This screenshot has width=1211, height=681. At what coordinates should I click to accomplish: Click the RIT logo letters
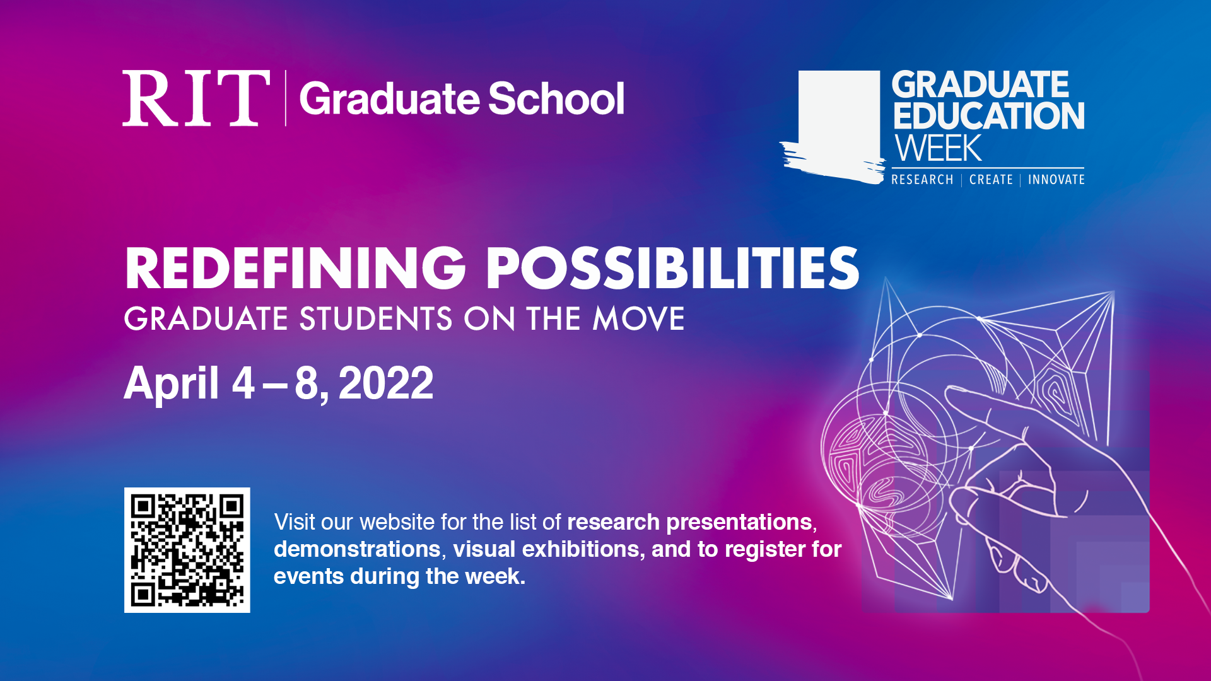(196, 98)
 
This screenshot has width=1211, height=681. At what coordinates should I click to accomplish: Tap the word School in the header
(556, 99)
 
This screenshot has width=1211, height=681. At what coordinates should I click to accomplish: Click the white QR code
(187, 550)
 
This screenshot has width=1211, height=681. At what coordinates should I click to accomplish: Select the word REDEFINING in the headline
(295, 269)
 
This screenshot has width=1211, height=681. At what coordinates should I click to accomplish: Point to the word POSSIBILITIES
(672, 269)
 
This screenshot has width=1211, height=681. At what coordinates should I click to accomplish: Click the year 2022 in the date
(386, 383)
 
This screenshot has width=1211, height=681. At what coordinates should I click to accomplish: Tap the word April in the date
(172, 383)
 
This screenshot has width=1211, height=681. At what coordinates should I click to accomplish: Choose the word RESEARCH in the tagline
(922, 180)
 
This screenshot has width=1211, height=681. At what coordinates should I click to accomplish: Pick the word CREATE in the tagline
(991, 180)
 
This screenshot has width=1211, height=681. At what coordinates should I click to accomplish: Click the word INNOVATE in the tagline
(1056, 180)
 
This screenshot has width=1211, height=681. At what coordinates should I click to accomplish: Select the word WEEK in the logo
(939, 149)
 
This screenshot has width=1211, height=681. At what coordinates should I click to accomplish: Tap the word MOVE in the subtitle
(638, 318)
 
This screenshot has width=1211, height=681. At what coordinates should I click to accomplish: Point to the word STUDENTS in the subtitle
(376, 318)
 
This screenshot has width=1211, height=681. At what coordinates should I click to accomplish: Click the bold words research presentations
(689, 522)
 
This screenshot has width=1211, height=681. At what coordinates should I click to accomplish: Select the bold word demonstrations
(357, 549)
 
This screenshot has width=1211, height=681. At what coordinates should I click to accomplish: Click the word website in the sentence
(397, 522)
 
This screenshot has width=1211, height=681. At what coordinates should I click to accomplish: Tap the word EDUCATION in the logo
(988, 117)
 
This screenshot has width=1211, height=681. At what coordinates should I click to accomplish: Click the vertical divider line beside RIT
(286, 98)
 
